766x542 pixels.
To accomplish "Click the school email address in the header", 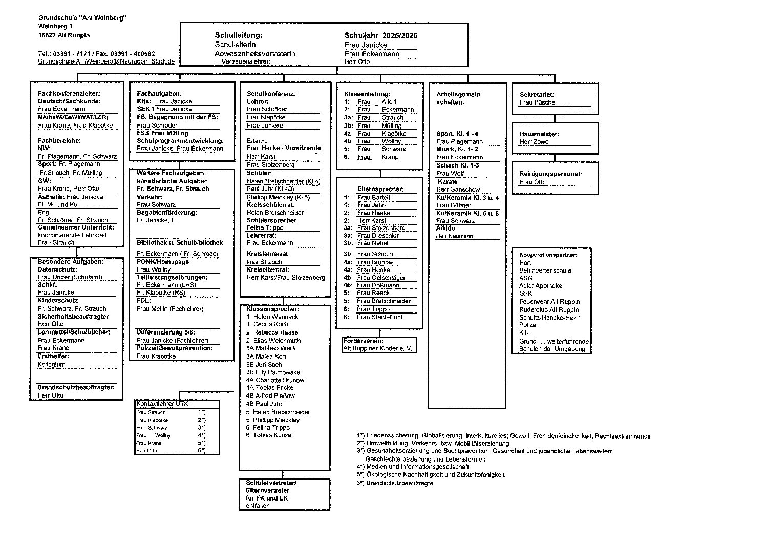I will (x=106, y=61).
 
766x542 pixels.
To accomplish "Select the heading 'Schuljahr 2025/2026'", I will (x=380, y=35).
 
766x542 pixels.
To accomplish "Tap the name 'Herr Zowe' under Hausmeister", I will (x=534, y=142).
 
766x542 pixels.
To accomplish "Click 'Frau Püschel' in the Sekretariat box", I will (x=538, y=102).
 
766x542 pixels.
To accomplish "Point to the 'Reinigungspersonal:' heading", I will (x=550, y=174).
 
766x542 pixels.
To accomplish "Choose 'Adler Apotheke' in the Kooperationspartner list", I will (x=540, y=286).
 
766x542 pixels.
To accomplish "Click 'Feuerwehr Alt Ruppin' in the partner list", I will (x=549, y=302).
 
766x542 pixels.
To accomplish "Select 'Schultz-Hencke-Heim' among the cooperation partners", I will (x=549, y=318).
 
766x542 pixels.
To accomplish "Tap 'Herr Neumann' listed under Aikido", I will (x=454, y=236).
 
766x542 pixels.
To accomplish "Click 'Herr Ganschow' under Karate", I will (x=458, y=190).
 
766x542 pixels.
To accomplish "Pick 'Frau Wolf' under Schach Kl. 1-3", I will (x=450, y=174).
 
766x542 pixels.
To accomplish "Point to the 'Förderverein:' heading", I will (x=363, y=341).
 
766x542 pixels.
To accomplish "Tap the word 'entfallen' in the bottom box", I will (x=258, y=506).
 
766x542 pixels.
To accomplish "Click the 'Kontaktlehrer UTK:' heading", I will (x=162, y=404).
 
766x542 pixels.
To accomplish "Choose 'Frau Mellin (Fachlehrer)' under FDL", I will (x=170, y=309).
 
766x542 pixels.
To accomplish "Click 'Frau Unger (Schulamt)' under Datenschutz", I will (x=70, y=277).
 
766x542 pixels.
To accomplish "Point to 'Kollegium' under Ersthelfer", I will (x=51, y=364).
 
